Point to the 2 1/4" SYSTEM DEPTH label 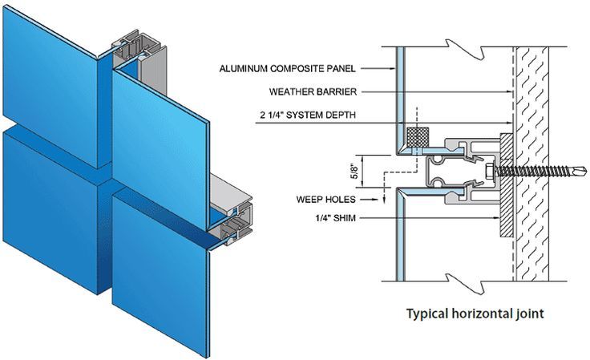(x=307, y=115)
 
